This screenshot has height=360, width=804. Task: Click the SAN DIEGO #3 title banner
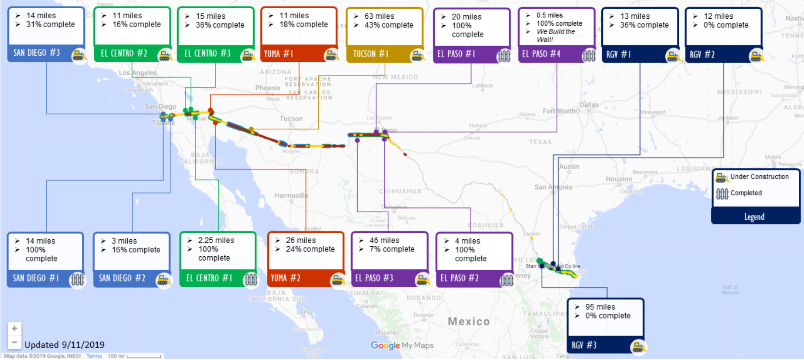click(x=37, y=53)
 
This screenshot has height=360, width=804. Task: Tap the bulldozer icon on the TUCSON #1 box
click(x=417, y=55)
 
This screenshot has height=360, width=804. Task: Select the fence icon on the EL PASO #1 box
click(x=503, y=55)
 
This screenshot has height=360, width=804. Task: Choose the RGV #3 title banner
click(x=584, y=345)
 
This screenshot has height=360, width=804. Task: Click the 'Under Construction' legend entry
click(x=759, y=177)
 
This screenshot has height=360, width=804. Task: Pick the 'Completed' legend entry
click(x=746, y=193)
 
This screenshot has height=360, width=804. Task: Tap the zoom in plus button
click(x=14, y=328)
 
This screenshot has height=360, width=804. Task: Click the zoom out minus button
click(x=14, y=342)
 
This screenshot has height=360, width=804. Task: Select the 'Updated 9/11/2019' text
click(x=65, y=345)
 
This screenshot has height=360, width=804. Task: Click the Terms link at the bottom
click(x=94, y=356)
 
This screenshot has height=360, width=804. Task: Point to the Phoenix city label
click(x=267, y=88)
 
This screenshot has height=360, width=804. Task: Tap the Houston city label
click(x=618, y=179)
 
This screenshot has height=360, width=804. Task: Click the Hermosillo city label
click(x=291, y=196)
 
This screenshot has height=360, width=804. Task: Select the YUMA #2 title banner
click(x=286, y=278)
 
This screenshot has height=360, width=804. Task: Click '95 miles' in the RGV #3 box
click(x=600, y=307)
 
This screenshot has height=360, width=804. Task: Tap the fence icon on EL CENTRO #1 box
click(x=251, y=279)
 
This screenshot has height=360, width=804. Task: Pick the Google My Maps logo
click(x=402, y=345)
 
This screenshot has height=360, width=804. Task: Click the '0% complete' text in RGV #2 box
click(x=726, y=25)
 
